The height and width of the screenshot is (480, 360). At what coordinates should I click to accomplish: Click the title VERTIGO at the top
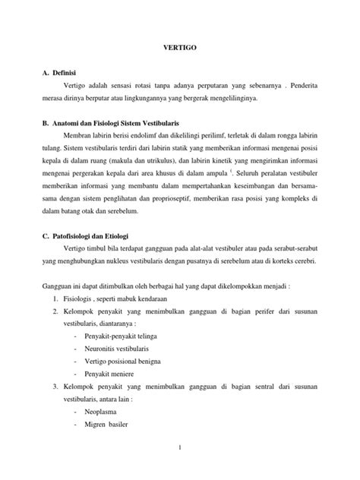click(180, 46)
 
